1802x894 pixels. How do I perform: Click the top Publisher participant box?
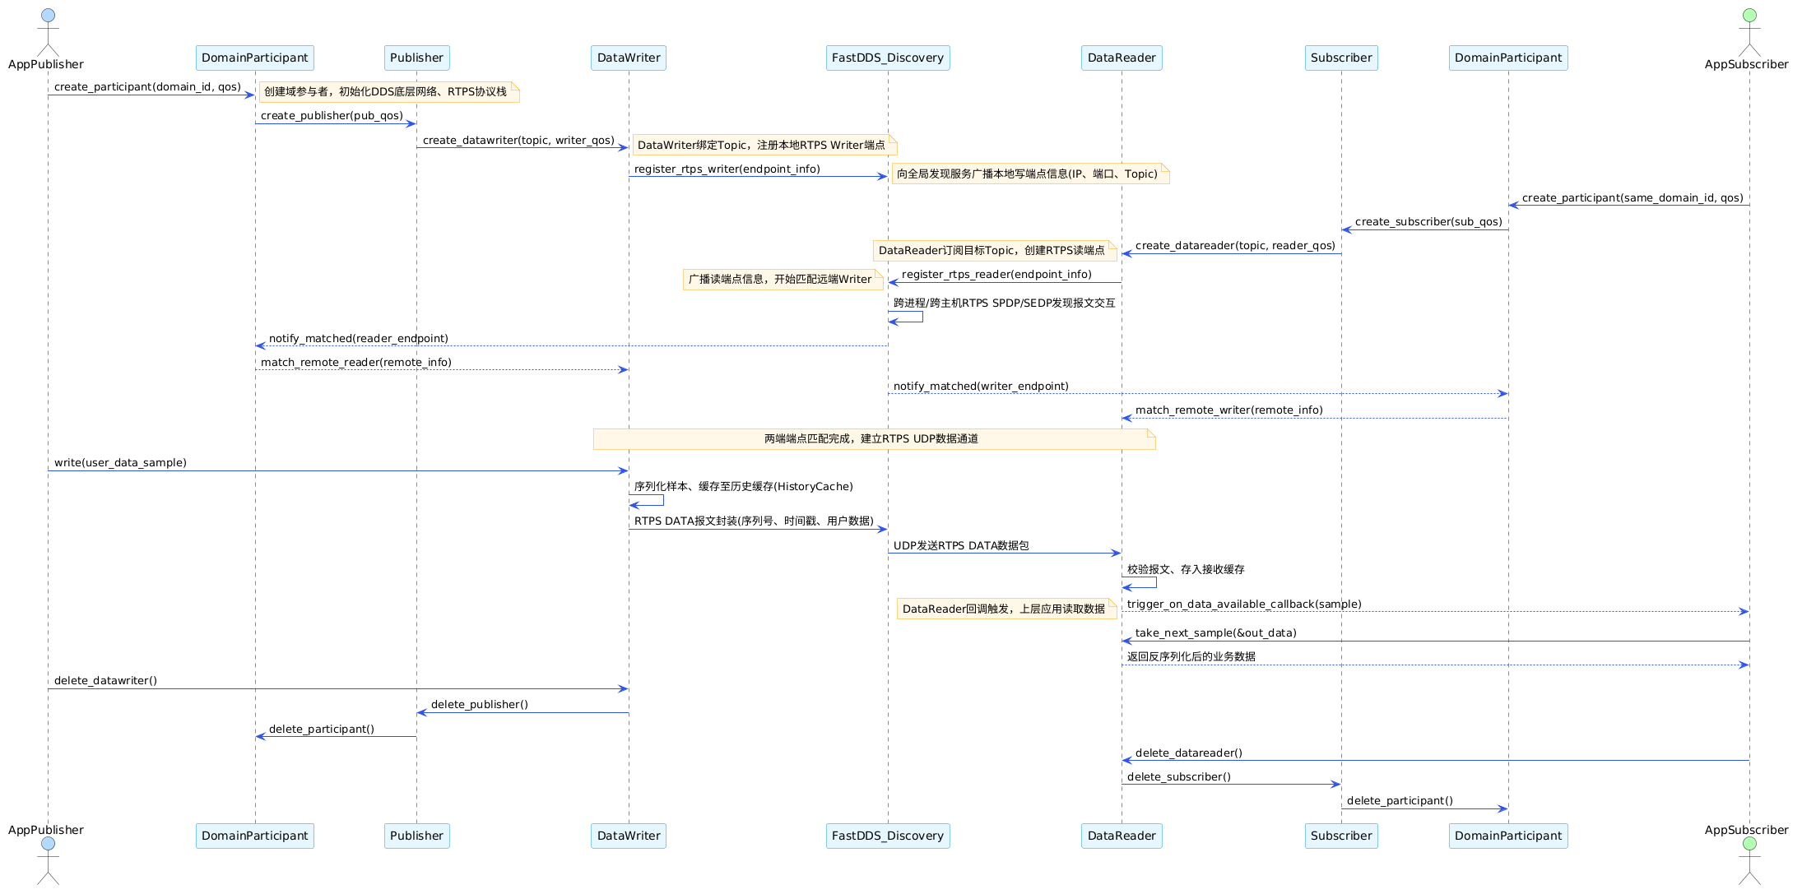pos(416,58)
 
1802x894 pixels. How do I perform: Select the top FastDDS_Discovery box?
pos(888,58)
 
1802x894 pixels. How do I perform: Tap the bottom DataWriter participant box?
pos(629,836)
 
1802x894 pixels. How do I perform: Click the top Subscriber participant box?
pos(1341,58)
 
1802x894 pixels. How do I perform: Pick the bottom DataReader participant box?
pos(1122,836)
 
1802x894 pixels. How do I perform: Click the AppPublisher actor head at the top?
pos(48,15)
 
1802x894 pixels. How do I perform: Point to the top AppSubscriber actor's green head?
pos(1749,15)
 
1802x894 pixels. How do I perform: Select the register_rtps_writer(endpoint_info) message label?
pos(727,169)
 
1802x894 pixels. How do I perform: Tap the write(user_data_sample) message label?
pos(120,463)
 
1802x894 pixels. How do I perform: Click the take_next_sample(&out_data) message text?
pos(1216,633)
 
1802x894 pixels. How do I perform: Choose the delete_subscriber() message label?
pos(1179,777)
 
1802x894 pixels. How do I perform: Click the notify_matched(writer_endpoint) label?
pos(981,387)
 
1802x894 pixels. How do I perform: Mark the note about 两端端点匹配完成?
pos(875,439)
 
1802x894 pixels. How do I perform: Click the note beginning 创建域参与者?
pos(389,92)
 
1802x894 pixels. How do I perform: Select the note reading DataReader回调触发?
pos(1007,609)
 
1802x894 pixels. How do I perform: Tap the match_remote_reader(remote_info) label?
pos(356,363)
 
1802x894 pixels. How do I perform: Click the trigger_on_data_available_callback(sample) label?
pos(1244,604)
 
